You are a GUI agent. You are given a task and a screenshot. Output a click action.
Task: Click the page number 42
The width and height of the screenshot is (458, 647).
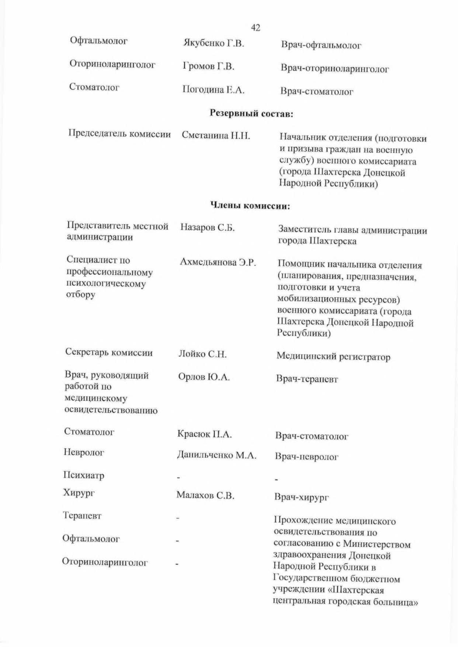pyautogui.click(x=256, y=28)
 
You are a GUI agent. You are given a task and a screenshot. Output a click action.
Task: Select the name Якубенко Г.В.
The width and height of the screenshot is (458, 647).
pyautogui.click(x=214, y=44)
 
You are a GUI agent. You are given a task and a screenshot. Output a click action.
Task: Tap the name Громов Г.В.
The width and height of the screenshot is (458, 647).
pyautogui.click(x=209, y=67)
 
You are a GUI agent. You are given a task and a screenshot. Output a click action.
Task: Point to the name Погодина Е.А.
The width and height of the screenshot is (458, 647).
pyautogui.click(x=214, y=90)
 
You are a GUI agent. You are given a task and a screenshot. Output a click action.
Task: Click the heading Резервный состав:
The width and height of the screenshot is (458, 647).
pyautogui.click(x=251, y=114)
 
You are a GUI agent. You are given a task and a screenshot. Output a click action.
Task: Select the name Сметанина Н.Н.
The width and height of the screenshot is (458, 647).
pyautogui.click(x=216, y=136)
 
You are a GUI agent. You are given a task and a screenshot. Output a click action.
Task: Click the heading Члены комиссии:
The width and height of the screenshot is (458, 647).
pyautogui.click(x=250, y=205)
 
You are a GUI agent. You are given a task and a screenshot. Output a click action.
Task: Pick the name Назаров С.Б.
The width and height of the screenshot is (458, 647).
pyautogui.click(x=208, y=228)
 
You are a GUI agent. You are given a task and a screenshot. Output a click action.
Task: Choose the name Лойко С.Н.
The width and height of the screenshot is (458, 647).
pyautogui.click(x=202, y=354)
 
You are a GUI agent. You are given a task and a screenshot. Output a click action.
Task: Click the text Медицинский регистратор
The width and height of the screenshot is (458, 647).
pyautogui.click(x=333, y=356)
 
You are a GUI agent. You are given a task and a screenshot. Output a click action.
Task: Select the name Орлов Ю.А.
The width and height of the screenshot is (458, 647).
pyautogui.click(x=204, y=377)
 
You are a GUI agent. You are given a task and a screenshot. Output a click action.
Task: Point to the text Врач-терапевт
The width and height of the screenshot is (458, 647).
pyautogui.click(x=307, y=379)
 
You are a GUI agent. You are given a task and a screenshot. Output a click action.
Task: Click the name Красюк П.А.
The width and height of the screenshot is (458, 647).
pyautogui.click(x=204, y=435)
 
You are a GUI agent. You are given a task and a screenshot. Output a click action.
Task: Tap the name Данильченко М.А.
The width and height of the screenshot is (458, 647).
pyautogui.click(x=216, y=455)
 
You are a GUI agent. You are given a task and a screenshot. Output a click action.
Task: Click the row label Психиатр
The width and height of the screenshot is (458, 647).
pyautogui.click(x=84, y=475)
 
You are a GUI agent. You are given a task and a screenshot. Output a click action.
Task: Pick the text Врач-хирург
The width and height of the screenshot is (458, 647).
pyautogui.click(x=301, y=497)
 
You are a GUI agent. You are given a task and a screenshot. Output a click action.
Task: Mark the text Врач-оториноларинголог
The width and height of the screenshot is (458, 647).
pyautogui.click(x=334, y=69)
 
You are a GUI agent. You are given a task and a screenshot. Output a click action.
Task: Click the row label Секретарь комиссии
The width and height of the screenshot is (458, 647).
pyautogui.click(x=109, y=352)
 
